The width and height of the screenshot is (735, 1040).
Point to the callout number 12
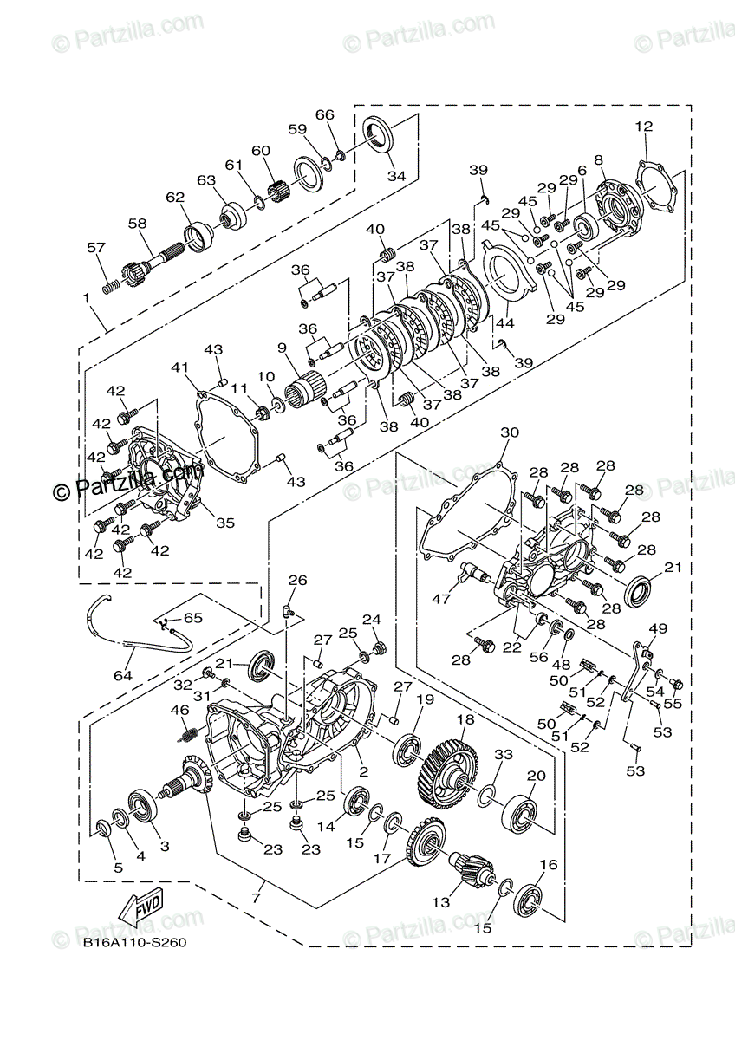(x=643, y=127)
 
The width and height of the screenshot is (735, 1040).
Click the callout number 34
(x=396, y=176)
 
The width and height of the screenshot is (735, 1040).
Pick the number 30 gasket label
(x=510, y=432)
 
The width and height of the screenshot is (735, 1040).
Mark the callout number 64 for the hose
(x=123, y=675)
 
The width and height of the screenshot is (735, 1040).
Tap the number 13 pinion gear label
(x=441, y=902)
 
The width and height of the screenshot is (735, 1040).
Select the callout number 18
(x=465, y=719)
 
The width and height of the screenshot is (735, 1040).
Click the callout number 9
(x=282, y=348)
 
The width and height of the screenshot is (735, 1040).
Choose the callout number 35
(x=225, y=523)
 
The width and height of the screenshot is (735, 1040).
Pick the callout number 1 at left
(x=86, y=298)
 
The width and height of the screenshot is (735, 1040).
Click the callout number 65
(x=192, y=618)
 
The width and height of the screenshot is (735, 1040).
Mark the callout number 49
(x=658, y=628)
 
